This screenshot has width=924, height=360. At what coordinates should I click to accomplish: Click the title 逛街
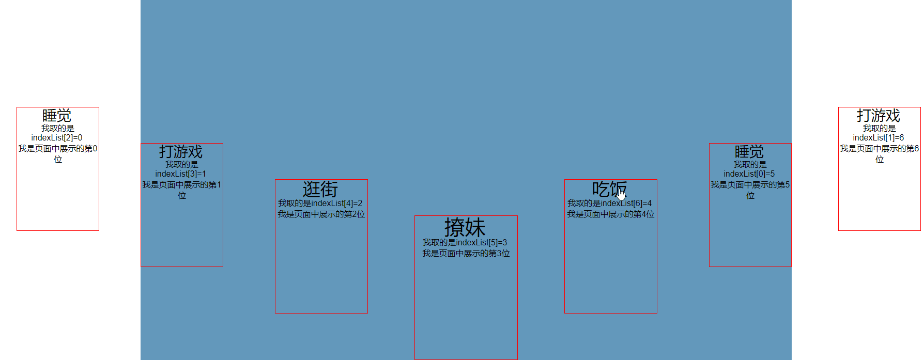[x=320, y=189]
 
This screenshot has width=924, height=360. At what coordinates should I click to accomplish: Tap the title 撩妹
[x=465, y=227]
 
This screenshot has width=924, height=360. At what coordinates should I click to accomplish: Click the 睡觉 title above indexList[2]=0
[x=57, y=116]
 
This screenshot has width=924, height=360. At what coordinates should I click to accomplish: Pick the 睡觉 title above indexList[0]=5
[x=749, y=152]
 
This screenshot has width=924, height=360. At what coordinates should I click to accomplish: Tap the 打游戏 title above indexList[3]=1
[x=181, y=152]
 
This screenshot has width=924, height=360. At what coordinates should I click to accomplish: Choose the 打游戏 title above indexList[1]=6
[x=879, y=116]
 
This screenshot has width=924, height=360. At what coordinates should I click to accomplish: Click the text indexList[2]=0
[x=57, y=138]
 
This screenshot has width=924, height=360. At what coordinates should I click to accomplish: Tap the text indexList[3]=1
[x=181, y=174]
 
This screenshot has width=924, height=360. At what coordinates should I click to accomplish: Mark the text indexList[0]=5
[x=749, y=174]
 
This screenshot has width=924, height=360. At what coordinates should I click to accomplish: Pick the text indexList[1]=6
[x=879, y=138]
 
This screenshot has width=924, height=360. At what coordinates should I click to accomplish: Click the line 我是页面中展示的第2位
[x=321, y=214]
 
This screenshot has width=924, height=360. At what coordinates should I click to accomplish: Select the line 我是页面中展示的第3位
[x=466, y=254]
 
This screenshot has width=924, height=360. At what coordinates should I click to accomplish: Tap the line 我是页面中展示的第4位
[x=611, y=214]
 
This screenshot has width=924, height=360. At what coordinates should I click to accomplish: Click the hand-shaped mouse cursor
[x=621, y=194]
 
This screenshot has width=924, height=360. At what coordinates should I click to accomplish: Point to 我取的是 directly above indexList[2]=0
[x=58, y=128]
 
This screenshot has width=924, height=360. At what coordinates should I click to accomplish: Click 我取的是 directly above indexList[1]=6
[x=880, y=128]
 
